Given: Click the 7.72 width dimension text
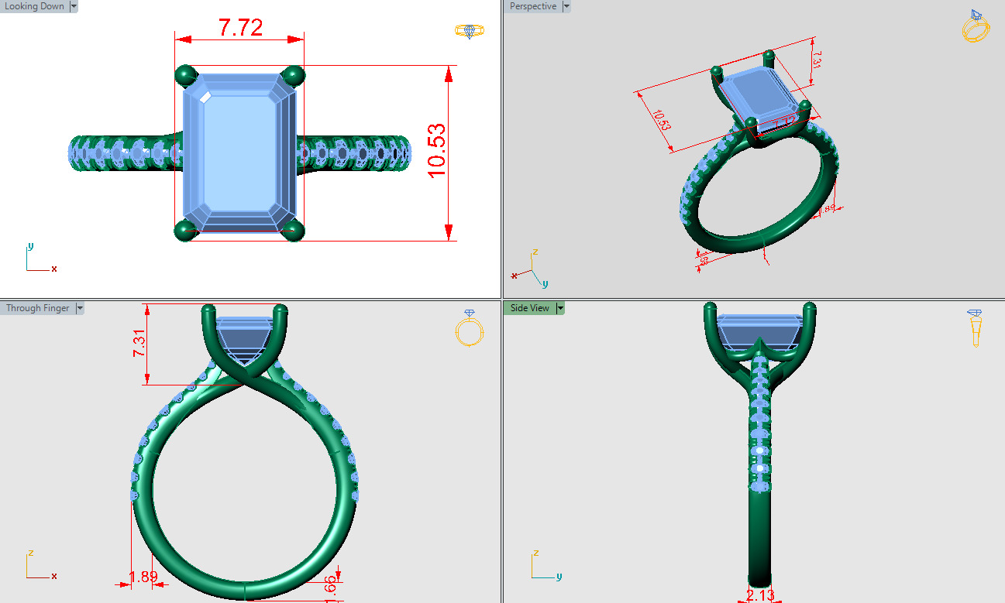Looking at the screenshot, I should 240,28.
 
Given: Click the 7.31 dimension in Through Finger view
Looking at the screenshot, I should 139,341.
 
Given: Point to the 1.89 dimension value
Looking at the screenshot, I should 143,577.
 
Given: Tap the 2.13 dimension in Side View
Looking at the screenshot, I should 759,594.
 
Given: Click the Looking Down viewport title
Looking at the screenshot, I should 34,6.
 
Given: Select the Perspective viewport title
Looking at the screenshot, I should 532,6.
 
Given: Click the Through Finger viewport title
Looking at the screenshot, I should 37,308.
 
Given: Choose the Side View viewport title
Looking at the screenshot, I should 529,308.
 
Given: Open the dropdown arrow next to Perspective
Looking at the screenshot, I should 566,6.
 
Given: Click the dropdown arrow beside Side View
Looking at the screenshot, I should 560,308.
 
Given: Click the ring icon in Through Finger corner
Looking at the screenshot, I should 469,328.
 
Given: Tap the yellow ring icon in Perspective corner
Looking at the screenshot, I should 976,26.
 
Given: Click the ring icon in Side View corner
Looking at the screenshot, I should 976,328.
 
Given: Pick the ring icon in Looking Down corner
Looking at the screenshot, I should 469,30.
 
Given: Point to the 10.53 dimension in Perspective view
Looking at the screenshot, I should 661,121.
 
